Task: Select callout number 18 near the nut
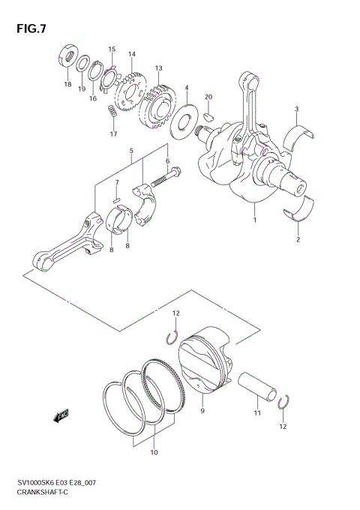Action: [67, 85]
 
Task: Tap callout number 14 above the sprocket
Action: [131, 54]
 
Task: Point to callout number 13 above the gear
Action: [159, 68]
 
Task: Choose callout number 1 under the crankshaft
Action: [255, 220]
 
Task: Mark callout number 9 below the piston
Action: [202, 410]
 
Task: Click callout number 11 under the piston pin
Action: [256, 412]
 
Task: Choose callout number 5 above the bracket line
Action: [131, 150]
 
